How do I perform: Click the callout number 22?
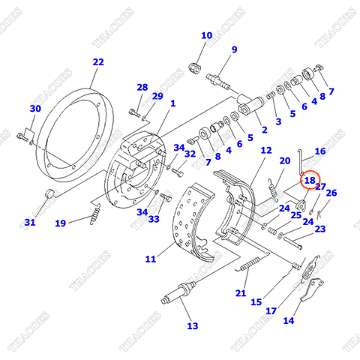pyautogui.click(x=98, y=62)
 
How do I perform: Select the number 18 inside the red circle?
pyautogui.click(x=310, y=181)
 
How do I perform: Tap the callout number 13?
pyautogui.click(x=193, y=325)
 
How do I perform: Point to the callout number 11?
pyautogui.click(x=150, y=259)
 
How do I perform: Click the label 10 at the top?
pyautogui.click(x=206, y=35)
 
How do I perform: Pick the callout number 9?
pyautogui.click(x=234, y=49)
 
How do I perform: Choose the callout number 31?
pyautogui.click(x=29, y=222)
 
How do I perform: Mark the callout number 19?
pyautogui.click(x=60, y=222)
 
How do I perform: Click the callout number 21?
pyautogui.click(x=241, y=292)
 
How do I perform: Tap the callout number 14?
pyautogui.click(x=289, y=321)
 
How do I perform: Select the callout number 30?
pyautogui.click(x=34, y=109)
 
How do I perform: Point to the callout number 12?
pyautogui.click(x=266, y=151)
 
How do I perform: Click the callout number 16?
pyautogui.click(x=320, y=151)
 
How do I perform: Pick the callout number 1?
pyautogui.click(x=172, y=103)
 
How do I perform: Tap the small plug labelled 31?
pyautogui.click(x=50, y=194)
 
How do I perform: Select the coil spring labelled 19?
pyautogui.click(x=95, y=214)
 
